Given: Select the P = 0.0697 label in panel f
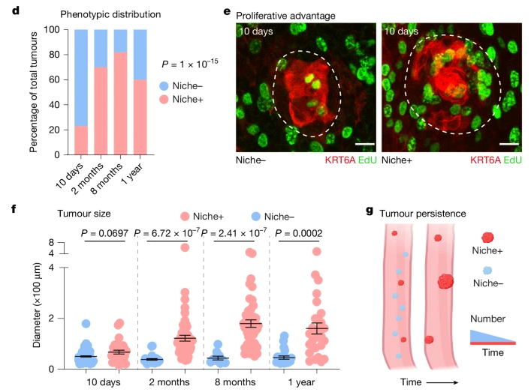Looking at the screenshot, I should pos(104,234).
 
